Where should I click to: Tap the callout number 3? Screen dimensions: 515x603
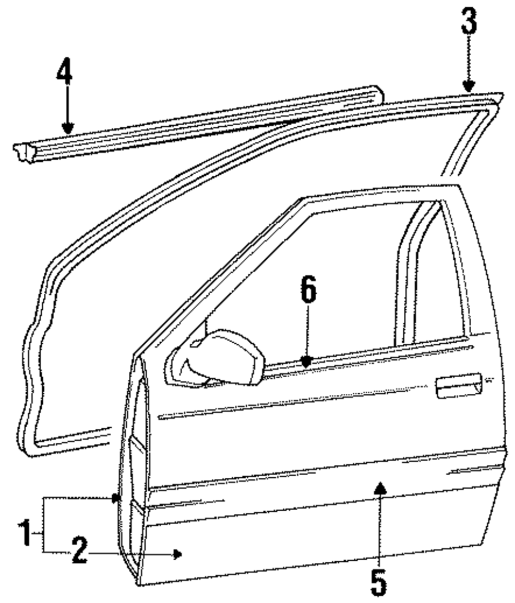coord(468,23)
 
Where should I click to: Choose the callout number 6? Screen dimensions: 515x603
coord(307,291)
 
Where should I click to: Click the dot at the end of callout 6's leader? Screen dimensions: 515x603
coord(307,362)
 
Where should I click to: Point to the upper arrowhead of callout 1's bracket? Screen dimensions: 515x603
coord(116,498)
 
